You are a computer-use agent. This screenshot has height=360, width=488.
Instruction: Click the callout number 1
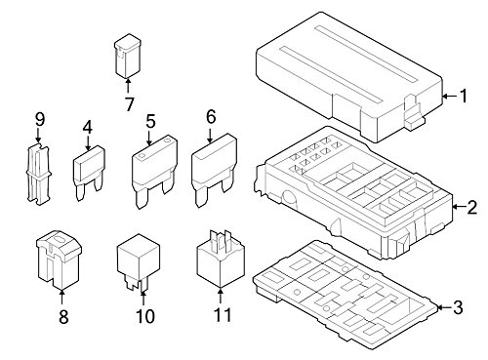463,96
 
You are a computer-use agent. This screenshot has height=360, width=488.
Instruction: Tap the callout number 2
471,207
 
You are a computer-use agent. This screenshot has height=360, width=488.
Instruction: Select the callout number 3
458,307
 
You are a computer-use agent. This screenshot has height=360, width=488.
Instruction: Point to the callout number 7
129,104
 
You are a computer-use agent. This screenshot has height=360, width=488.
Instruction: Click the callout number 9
40,119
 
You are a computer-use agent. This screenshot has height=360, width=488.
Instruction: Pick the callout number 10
145,316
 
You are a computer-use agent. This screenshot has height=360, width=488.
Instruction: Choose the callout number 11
223,315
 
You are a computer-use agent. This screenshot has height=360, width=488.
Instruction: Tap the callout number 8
63,316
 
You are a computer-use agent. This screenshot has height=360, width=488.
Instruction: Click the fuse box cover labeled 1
349,77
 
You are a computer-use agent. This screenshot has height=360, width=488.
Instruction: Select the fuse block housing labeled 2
353,193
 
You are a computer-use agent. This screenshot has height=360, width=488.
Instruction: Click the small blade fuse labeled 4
89,173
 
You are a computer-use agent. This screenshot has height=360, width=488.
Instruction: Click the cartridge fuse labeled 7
128,56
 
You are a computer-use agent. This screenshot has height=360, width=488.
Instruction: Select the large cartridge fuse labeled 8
59,260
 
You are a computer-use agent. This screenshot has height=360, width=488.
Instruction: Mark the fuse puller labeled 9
38,176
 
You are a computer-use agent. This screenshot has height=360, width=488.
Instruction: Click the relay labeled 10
139,261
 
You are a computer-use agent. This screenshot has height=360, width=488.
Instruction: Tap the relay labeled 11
221,259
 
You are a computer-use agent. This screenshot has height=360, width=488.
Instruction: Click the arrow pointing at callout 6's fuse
210,136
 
